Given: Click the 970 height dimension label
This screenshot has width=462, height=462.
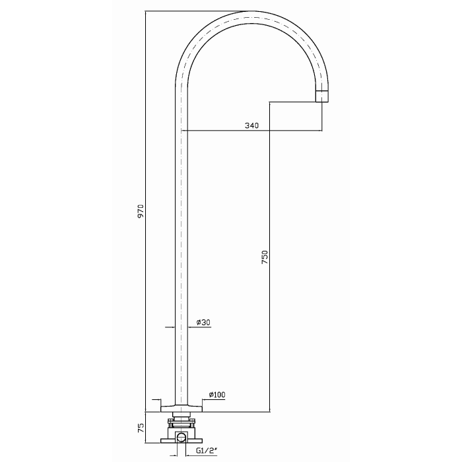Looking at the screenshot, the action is point(141,211).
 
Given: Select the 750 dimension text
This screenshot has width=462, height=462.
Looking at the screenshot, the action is point(265,257).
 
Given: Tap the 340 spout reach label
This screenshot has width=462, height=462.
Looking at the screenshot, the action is point(251,125).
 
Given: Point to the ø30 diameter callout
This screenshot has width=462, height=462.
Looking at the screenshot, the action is point(203,323).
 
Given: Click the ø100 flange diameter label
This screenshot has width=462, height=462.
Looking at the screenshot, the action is point(217,395).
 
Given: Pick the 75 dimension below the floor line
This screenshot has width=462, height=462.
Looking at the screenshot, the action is point(141,427).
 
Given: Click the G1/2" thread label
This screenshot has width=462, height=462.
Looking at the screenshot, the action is point(207,451).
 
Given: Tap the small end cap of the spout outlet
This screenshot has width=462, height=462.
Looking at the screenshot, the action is point(322,96).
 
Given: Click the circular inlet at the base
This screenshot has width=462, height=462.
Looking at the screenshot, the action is point(181,438).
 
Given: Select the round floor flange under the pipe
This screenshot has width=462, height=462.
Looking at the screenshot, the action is point(181,409).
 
